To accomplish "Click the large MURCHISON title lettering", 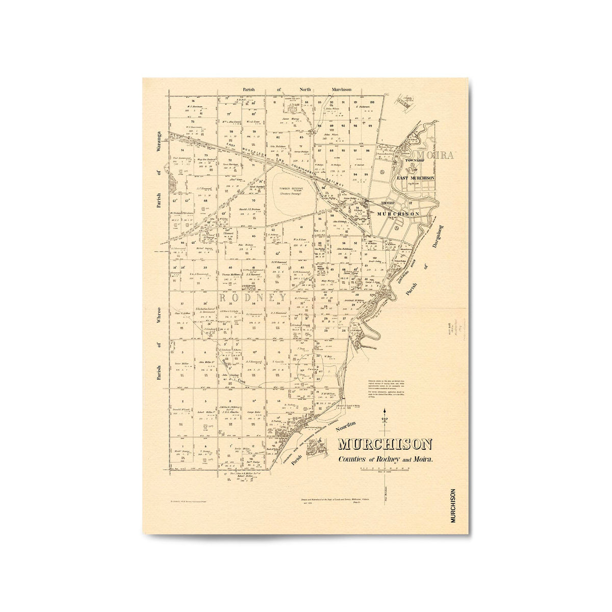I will (385, 445).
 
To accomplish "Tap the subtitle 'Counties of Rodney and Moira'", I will (386, 459).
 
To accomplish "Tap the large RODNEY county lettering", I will (253, 297).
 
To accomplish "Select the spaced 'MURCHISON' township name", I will (398, 214).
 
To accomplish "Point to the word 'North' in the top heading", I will (305, 89).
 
